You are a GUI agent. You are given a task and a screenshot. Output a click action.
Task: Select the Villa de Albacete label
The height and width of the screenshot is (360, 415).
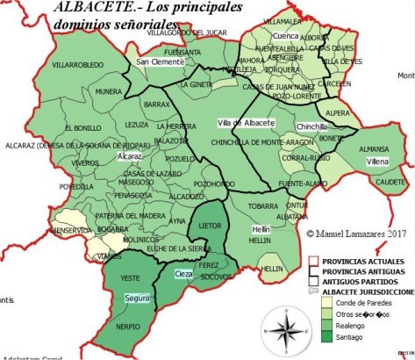(x=247, y=121)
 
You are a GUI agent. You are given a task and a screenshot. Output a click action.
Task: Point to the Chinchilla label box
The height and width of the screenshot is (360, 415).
(x=312, y=126)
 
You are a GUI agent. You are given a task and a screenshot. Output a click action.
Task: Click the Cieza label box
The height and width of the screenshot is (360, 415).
(x=183, y=275)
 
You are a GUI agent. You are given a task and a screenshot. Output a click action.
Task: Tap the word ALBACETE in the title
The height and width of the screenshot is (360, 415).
(x=88, y=9)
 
